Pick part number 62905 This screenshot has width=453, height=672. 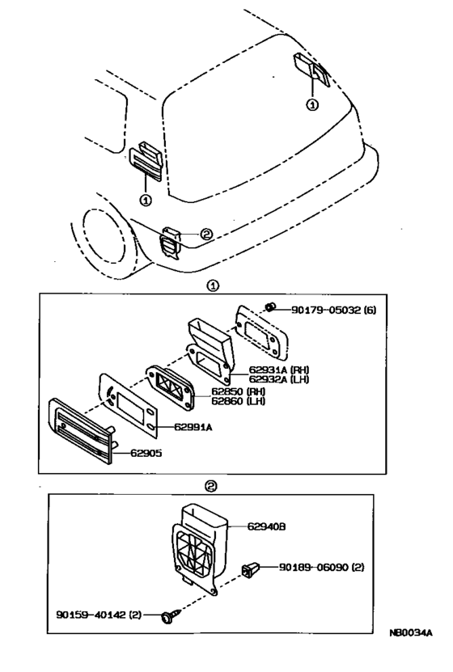coord(148,454)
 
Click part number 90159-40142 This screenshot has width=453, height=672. coord(100,615)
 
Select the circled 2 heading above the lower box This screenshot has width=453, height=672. coord(210,486)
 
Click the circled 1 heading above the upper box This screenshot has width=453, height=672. coord(212,285)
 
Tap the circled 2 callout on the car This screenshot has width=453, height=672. coord(206,235)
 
